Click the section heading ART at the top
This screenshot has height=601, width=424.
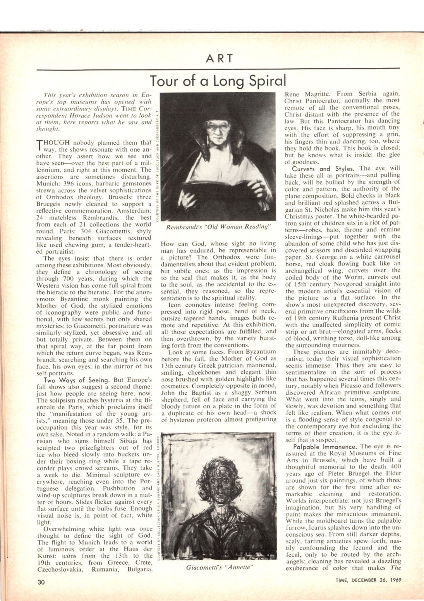(x=219, y=59)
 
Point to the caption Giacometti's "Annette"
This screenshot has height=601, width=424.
(x=219, y=568)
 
